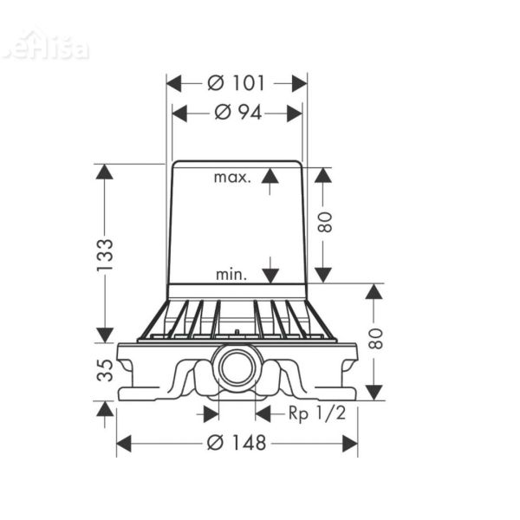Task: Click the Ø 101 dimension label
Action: point(237,83)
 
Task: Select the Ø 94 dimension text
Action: point(237,113)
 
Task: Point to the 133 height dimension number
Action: point(105,256)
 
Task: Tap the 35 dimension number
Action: point(105,372)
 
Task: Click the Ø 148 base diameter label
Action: point(237,443)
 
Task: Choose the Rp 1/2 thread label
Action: point(317,413)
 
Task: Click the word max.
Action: point(232,178)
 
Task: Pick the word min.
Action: point(231,275)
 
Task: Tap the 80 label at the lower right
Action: point(374,341)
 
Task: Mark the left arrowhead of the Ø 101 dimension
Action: point(173,83)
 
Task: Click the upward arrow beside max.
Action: point(270,178)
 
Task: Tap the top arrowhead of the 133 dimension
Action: point(105,172)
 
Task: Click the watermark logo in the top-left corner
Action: point(45,45)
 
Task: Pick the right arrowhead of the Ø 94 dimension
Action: point(296,113)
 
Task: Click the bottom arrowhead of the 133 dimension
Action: point(105,335)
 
